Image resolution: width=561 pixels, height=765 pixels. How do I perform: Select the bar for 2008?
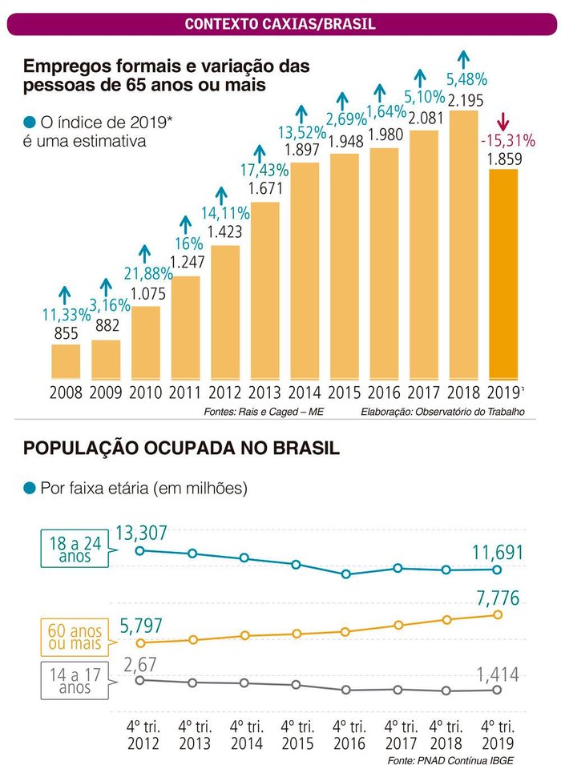(x=66, y=361)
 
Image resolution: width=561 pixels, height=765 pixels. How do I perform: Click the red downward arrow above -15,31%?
(x=503, y=122)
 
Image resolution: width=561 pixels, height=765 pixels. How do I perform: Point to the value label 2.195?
(x=464, y=101)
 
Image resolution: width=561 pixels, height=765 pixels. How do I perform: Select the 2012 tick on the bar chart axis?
(x=225, y=393)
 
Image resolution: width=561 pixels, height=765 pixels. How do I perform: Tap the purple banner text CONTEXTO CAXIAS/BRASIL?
(x=280, y=24)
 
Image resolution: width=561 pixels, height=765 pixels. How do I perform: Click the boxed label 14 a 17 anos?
(x=75, y=681)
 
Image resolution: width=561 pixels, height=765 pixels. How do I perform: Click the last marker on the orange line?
(x=498, y=614)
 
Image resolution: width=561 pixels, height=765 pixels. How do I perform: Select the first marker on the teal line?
(x=140, y=550)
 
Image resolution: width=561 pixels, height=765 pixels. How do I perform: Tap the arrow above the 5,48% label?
(x=463, y=58)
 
